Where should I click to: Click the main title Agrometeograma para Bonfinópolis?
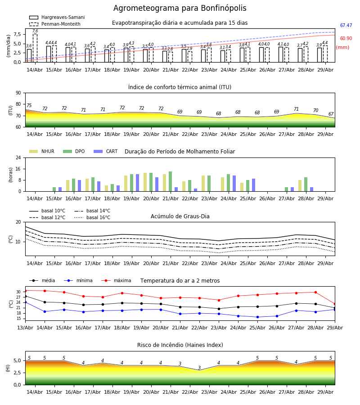click(180, 8)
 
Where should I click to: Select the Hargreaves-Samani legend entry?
click(57, 17)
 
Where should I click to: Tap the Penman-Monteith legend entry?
click(55, 24)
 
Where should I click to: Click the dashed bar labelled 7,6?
click(35, 48)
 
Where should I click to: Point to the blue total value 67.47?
click(346, 25)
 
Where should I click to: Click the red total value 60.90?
click(346, 39)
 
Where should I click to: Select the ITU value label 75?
click(29, 105)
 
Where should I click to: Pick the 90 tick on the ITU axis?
click(18, 93)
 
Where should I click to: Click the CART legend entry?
click(106, 151)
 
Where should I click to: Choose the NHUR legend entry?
click(42, 151)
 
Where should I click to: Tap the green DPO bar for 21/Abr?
click(171, 181)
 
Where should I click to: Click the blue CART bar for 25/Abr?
click(254, 185)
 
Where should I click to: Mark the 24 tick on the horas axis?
click(18, 157)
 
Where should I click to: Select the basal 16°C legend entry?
click(92, 217)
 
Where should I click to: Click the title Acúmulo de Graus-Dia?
click(180, 216)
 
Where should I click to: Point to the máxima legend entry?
click(116, 280)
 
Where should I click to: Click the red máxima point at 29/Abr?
click(335, 304)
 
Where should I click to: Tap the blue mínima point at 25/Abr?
click(257, 317)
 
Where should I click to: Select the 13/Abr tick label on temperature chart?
click(25, 328)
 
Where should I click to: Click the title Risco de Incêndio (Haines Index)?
click(180, 345)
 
